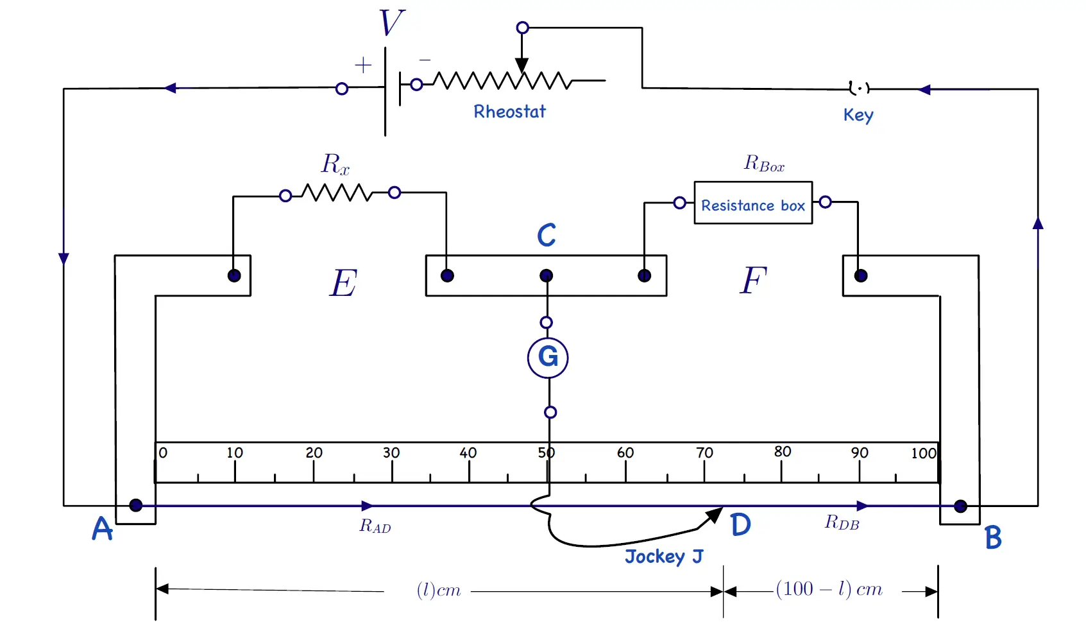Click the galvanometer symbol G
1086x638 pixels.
pyautogui.click(x=548, y=358)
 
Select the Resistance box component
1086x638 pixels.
pyautogui.click(x=753, y=203)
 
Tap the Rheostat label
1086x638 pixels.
pyautogui.click(x=509, y=112)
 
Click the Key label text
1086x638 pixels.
pyautogui.click(x=858, y=115)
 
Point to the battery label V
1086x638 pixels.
pyautogui.click(x=391, y=22)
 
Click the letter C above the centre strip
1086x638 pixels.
pyautogui.click(x=547, y=235)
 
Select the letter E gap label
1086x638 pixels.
pyautogui.click(x=343, y=282)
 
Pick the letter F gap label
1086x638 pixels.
pyautogui.click(x=753, y=280)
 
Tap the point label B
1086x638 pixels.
pyautogui.click(x=993, y=538)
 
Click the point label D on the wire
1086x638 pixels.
pyautogui.click(x=740, y=524)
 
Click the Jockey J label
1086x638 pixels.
pyautogui.click(x=664, y=556)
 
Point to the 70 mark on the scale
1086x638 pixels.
pyautogui.click(x=704, y=453)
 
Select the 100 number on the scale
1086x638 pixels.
pyautogui.click(x=924, y=453)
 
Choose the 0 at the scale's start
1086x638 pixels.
pyautogui.click(x=163, y=453)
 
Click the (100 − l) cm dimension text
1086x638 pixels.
pyautogui.click(x=829, y=589)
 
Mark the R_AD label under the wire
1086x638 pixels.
pyautogui.click(x=375, y=526)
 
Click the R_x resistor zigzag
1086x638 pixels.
pyautogui.click(x=337, y=193)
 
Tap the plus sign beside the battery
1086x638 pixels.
pyautogui.click(x=363, y=65)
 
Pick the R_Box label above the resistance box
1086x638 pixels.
pyautogui.click(x=764, y=163)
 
